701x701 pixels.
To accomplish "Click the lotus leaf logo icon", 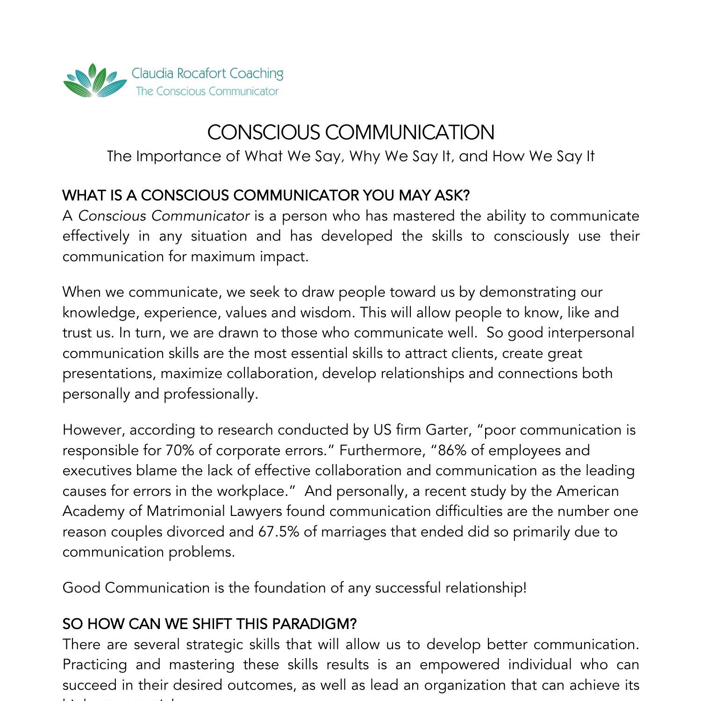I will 95,81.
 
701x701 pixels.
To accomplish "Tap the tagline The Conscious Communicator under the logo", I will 207,91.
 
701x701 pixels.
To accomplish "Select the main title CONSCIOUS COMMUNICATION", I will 350,132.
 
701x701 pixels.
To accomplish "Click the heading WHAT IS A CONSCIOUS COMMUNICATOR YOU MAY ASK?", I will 266,195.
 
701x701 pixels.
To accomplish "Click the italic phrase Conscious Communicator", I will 164,216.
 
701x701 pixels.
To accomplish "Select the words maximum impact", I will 249,257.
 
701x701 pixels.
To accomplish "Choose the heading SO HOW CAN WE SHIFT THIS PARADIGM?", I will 209,624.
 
